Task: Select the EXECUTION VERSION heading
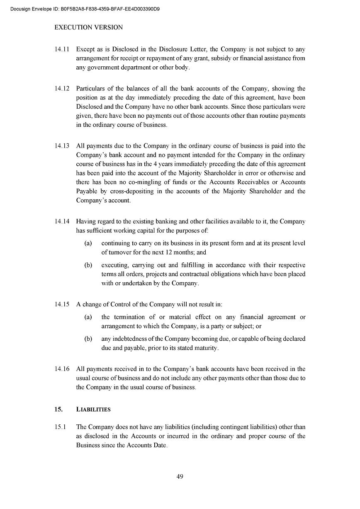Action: [89, 27]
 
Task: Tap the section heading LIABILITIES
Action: [93, 410]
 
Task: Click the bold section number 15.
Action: [58, 410]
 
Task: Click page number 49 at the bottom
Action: [180, 477]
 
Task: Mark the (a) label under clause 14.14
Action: [88, 243]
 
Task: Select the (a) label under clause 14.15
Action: [88, 317]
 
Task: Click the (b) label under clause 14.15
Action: [88, 339]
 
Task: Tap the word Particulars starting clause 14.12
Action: [90, 89]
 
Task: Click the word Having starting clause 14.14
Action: [85, 222]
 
